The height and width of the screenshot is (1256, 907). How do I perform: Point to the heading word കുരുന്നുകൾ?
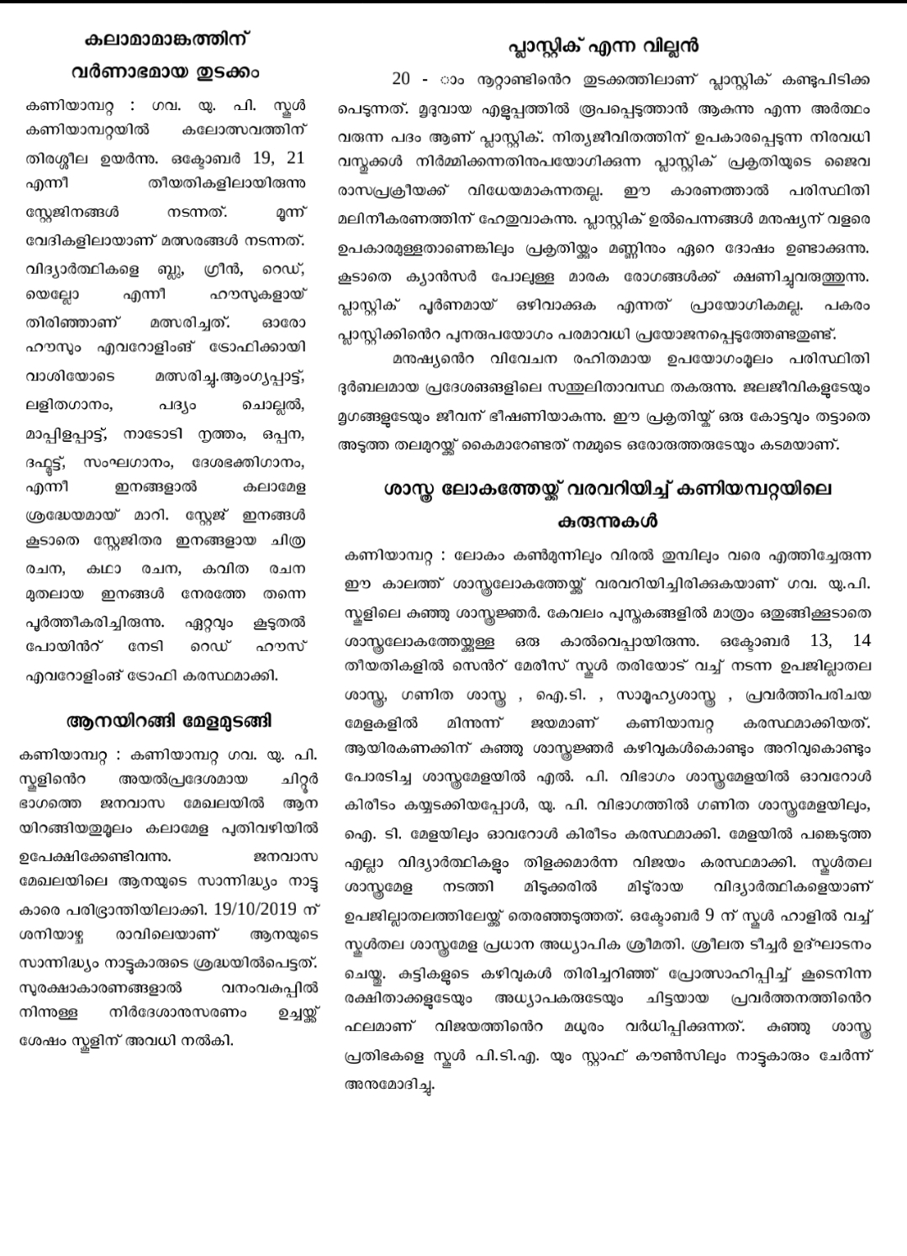pyautogui.click(x=607, y=521)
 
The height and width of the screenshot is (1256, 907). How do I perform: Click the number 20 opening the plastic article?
pyautogui.click(x=401, y=80)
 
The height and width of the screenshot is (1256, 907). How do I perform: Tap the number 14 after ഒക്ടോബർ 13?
pyautogui.click(x=861, y=640)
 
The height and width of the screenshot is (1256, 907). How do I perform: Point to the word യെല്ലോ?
pyautogui.click(x=50, y=296)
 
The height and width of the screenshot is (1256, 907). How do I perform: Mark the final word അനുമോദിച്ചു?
pyautogui.click(x=390, y=1085)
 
